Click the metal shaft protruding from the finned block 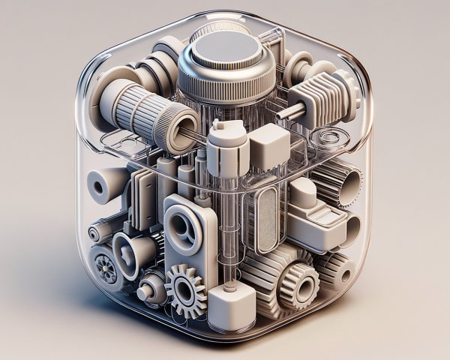(291, 112)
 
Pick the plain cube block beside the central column (267, 145)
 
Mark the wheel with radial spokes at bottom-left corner (104, 267)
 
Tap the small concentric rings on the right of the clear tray (329, 137)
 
